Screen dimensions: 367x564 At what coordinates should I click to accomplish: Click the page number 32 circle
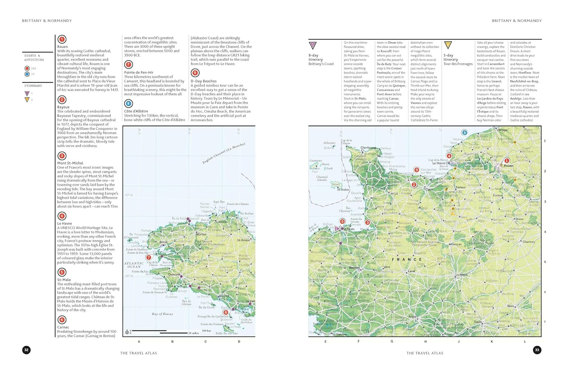27,350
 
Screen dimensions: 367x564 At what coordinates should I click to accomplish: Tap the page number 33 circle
537,350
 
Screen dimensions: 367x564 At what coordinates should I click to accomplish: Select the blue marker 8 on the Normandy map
464,133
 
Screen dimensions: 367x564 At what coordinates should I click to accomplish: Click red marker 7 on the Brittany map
148,257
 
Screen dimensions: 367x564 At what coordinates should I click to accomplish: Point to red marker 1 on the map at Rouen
507,160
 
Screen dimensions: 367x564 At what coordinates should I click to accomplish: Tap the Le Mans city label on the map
461,275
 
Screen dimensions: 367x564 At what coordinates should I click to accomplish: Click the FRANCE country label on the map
407,259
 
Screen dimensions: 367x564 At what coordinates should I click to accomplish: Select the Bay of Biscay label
162,314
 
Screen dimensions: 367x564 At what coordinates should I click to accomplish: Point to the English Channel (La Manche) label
224,153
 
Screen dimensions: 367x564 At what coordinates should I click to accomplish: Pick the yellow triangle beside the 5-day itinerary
448,45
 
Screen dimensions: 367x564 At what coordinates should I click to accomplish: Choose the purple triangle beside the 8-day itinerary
313,45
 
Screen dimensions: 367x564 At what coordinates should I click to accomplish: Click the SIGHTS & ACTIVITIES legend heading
34,58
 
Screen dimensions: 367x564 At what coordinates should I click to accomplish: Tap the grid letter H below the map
425,341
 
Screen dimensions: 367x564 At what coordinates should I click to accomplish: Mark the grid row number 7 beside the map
545,322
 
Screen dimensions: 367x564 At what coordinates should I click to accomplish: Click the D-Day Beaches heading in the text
203,81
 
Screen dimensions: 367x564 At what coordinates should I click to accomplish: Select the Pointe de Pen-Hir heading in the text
139,73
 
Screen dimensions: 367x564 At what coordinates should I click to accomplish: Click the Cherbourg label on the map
368,148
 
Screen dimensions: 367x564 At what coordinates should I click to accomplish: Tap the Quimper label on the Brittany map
174,274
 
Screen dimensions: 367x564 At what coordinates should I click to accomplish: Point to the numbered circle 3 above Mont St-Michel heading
62,156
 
